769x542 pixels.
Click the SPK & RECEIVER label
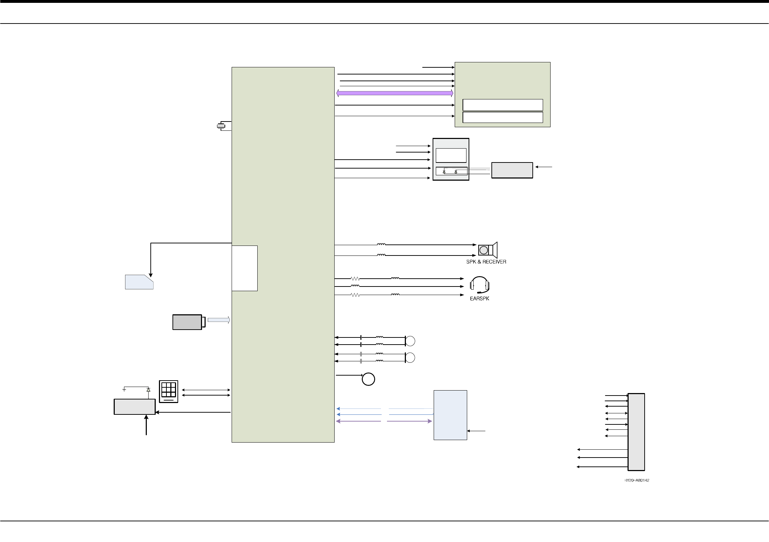click(486, 262)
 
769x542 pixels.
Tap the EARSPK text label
click(479, 299)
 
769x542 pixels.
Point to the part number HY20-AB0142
click(636, 480)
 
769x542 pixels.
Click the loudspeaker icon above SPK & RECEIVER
click(487, 250)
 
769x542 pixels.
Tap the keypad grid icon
click(169, 391)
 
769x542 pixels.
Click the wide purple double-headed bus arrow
click(394, 93)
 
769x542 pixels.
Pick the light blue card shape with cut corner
click(139, 282)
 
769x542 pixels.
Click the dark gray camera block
click(187, 322)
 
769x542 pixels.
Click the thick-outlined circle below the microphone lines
click(368, 379)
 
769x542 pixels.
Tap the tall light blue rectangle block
click(450, 415)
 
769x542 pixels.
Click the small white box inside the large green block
click(244, 268)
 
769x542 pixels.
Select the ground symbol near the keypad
click(124, 389)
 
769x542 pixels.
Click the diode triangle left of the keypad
click(148, 389)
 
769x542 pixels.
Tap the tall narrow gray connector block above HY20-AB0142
click(636, 432)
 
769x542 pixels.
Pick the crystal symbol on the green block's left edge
click(221, 126)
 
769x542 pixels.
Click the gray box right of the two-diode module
click(512, 170)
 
